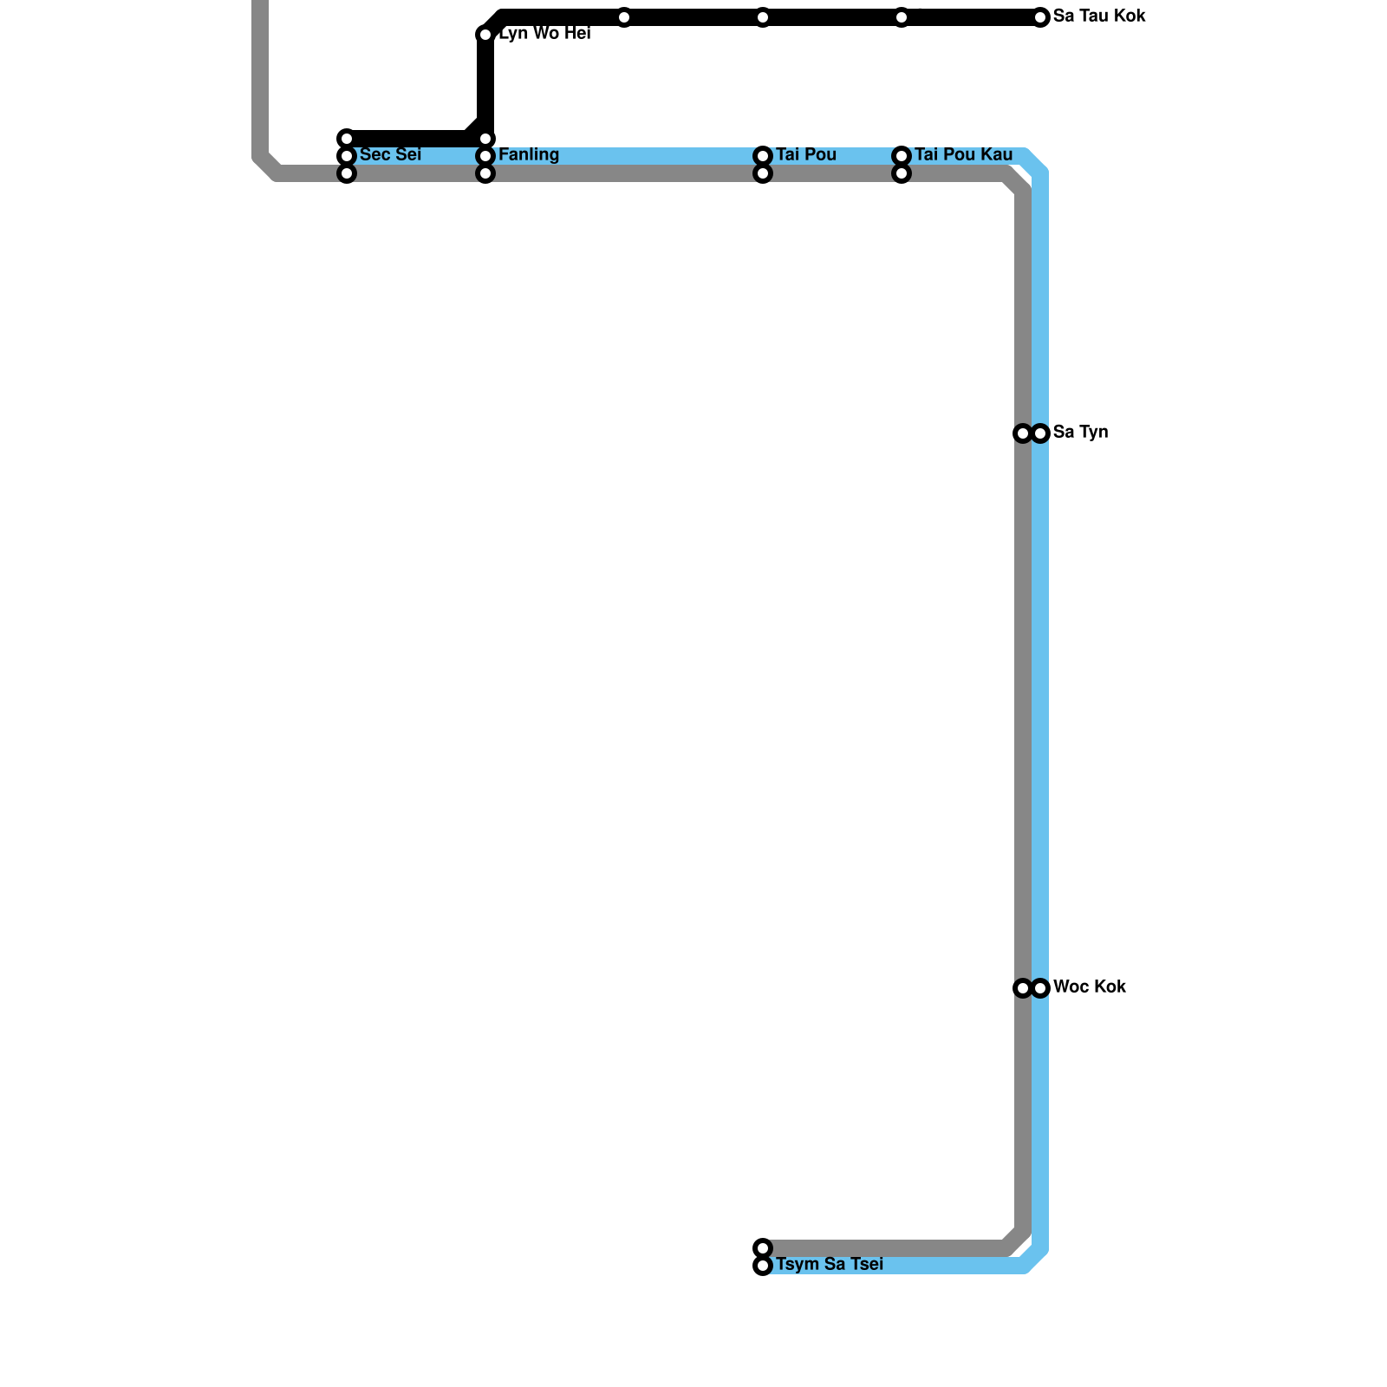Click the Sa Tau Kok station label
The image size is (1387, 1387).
pyautogui.click(x=1099, y=16)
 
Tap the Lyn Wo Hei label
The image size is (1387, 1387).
pyautogui.click(x=544, y=34)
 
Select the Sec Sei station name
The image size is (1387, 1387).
pyautogui.click(x=390, y=155)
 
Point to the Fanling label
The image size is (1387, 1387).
pyautogui.click(x=529, y=155)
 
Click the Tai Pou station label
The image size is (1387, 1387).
pyautogui.click(x=806, y=155)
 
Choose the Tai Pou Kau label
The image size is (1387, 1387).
pyautogui.click(x=963, y=155)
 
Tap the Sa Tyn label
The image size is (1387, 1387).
pyautogui.click(x=1080, y=433)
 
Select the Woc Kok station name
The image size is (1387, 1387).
pyautogui.click(x=1089, y=987)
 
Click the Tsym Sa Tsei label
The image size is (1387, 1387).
pyautogui.click(x=829, y=1265)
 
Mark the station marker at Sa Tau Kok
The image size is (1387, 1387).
pyautogui.click(x=1040, y=17)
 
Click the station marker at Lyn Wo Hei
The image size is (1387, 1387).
pyautogui.click(x=485, y=35)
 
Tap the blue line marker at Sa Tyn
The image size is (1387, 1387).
pyautogui.click(x=1040, y=433)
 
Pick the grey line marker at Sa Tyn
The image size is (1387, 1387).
pyautogui.click(x=1023, y=433)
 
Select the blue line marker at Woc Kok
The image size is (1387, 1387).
pyautogui.click(x=1040, y=988)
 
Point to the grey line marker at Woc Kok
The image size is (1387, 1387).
pyautogui.click(x=1023, y=988)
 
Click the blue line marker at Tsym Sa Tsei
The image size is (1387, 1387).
pyautogui.click(x=763, y=1266)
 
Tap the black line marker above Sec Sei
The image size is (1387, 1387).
pyautogui.click(x=347, y=139)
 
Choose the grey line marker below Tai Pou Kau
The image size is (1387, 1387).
pyautogui.click(x=902, y=173)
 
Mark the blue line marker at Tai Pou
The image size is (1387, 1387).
pyautogui.click(x=763, y=156)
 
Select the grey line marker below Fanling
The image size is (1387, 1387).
pyautogui.click(x=485, y=173)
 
